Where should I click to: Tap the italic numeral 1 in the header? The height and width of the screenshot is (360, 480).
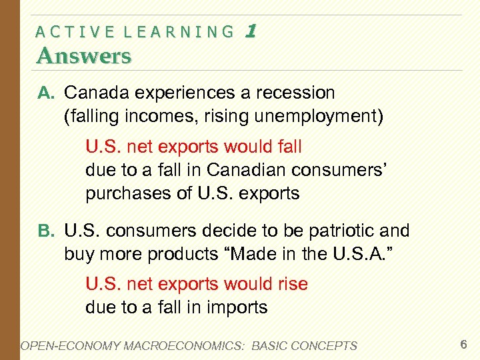(x=251, y=30)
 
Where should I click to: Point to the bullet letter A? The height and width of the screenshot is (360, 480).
(x=45, y=93)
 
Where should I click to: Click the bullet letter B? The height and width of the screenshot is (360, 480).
(x=45, y=231)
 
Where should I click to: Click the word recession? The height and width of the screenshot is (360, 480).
(x=291, y=92)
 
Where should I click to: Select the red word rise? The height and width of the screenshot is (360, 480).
(x=291, y=284)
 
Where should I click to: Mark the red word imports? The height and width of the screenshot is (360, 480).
(x=236, y=307)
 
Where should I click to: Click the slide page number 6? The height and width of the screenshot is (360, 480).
(x=463, y=345)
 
